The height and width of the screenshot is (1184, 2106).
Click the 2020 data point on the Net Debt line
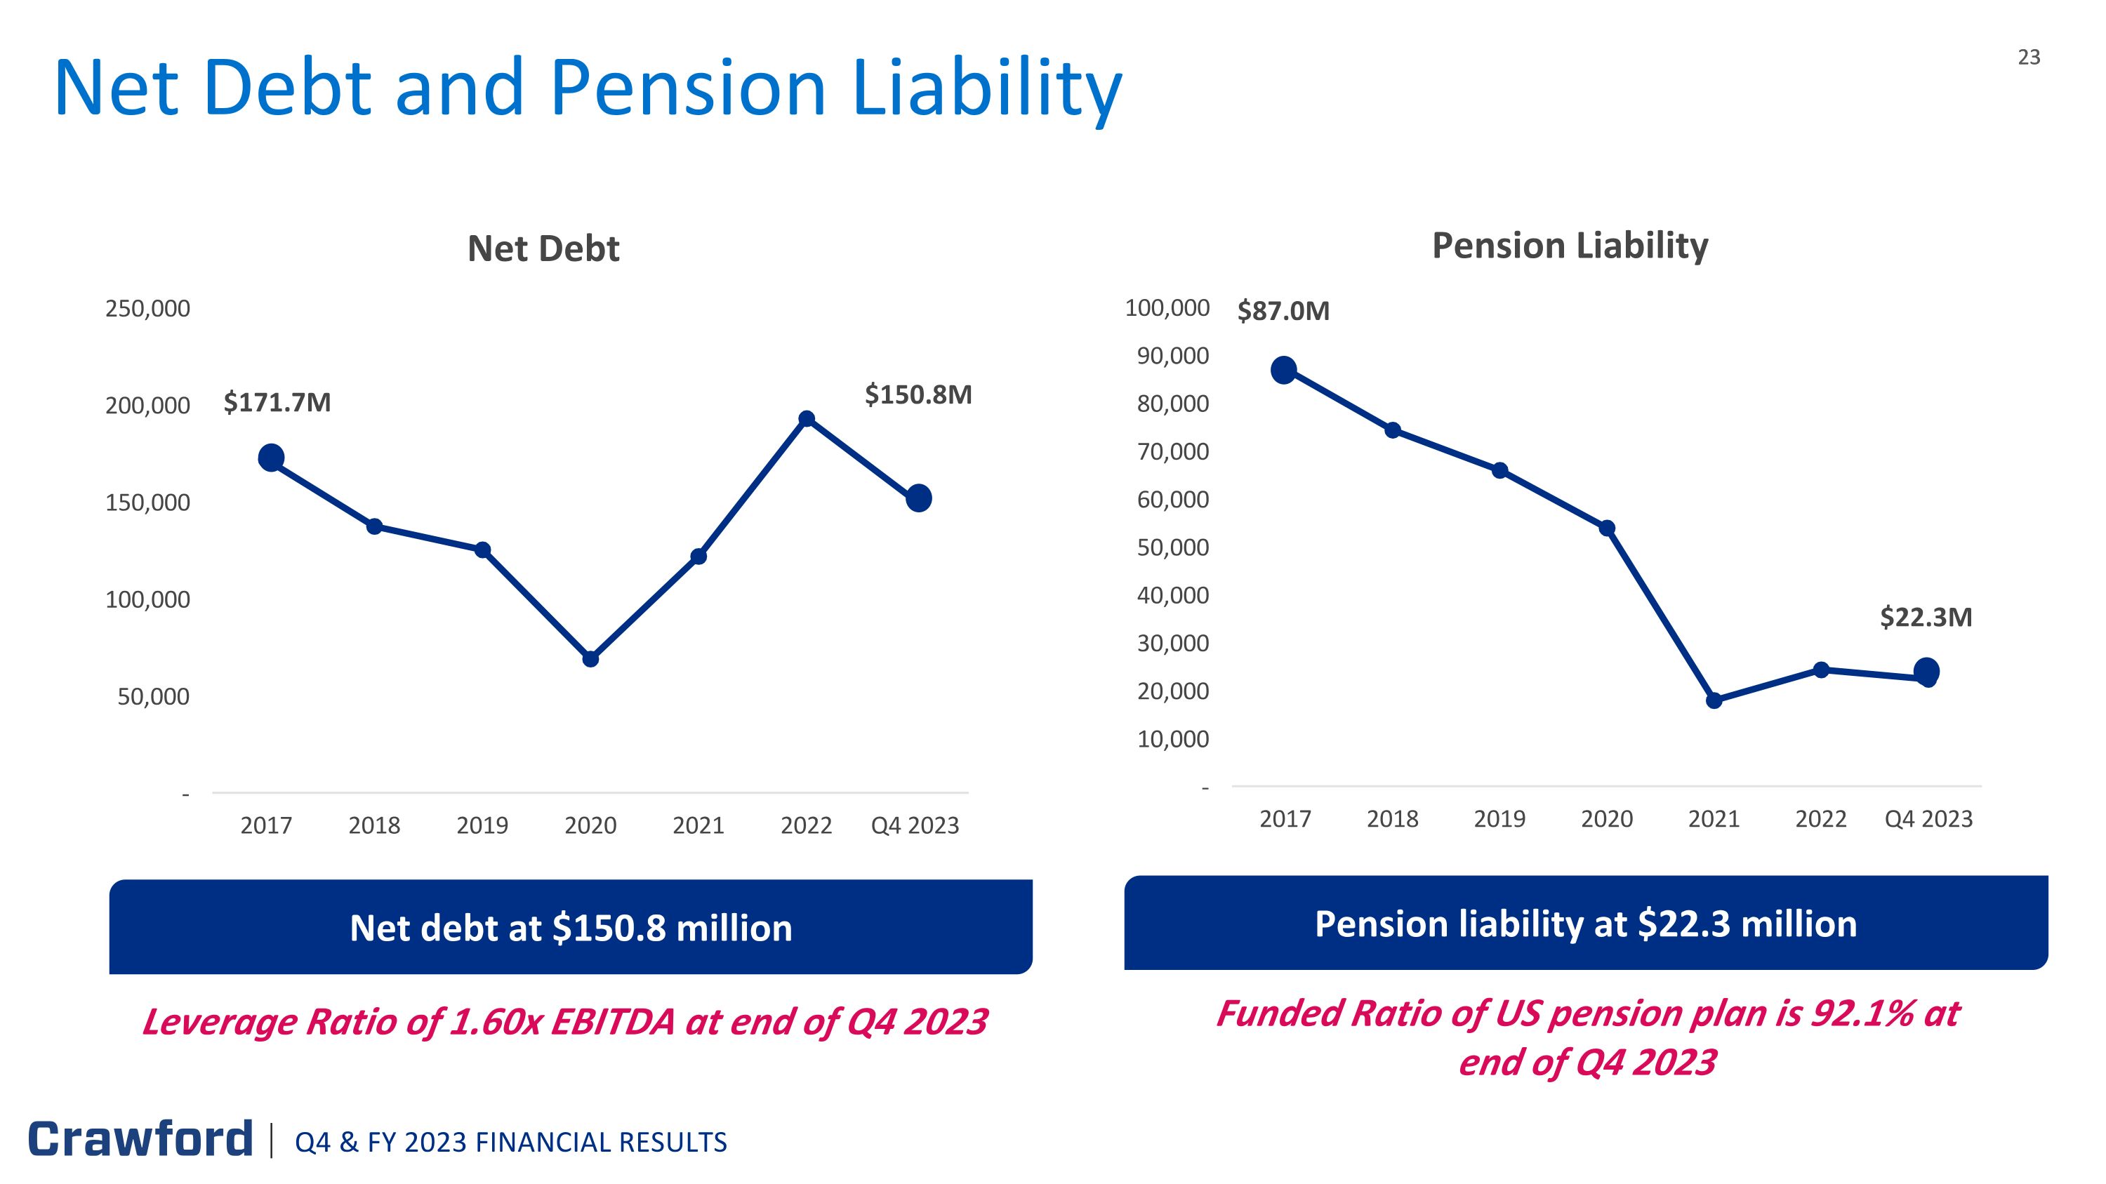point(590,658)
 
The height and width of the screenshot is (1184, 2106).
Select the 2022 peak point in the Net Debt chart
point(806,419)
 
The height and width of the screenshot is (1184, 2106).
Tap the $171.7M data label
point(277,402)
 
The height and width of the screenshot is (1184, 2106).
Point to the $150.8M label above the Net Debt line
point(918,394)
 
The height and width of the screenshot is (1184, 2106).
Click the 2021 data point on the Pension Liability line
point(1714,700)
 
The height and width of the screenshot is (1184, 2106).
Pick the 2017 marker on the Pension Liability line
point(1283,370)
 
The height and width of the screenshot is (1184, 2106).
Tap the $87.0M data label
point(1283,310)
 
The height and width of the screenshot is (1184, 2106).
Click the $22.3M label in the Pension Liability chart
point(1926,617)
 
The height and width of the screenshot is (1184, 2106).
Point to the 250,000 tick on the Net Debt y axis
point(148,309)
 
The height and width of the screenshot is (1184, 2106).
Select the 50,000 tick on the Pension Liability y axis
point(1172,547)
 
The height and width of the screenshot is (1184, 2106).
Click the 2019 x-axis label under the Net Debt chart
point(482,825)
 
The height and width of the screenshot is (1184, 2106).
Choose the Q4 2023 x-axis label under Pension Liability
point(1928,819)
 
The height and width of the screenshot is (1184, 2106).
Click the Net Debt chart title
point(543,248)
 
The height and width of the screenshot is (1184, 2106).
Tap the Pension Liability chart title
point(1570,245)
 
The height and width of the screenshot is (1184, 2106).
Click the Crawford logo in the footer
point(140,1138)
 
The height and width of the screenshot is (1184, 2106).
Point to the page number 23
point(2028,57)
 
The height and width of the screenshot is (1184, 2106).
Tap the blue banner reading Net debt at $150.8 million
point(571,927)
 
